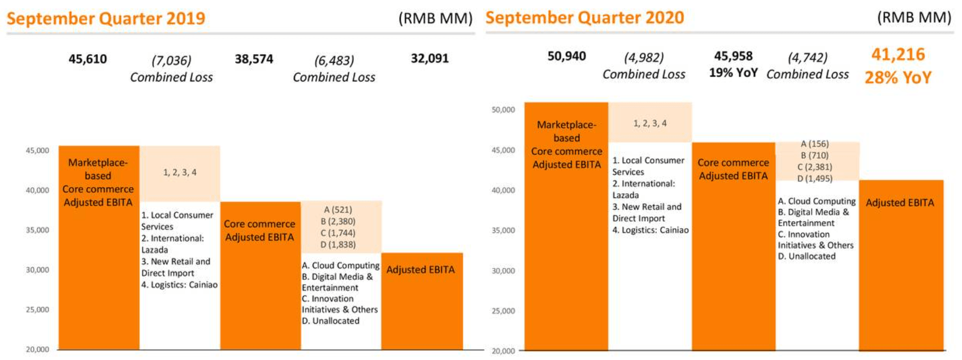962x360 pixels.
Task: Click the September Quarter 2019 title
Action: (x=106, y=18)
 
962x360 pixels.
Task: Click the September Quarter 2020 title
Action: (x=584, y=18)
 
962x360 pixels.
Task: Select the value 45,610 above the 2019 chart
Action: (x=88, y=59)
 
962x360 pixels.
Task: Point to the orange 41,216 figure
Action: (x=898, y=54)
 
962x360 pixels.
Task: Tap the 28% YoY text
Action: (x=898, y=77)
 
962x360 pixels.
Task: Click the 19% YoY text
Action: (x=733, y=73)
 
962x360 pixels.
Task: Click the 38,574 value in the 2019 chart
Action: (x=254, y=59)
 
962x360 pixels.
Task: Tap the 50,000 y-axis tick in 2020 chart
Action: (x=503, y=110)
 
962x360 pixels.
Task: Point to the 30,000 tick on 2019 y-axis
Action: (x=37, y=270)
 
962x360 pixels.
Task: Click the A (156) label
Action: (x=814, y=144)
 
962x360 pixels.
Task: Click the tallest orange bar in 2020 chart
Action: (x=566, y=254)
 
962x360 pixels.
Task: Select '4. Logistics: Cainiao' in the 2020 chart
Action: (x=651, y=230)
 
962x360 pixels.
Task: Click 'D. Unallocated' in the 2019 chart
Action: (x=331, y=320)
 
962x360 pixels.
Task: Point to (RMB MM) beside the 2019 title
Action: (x=435, y=19)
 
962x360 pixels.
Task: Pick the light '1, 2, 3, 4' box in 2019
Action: (x=180, y=173)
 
